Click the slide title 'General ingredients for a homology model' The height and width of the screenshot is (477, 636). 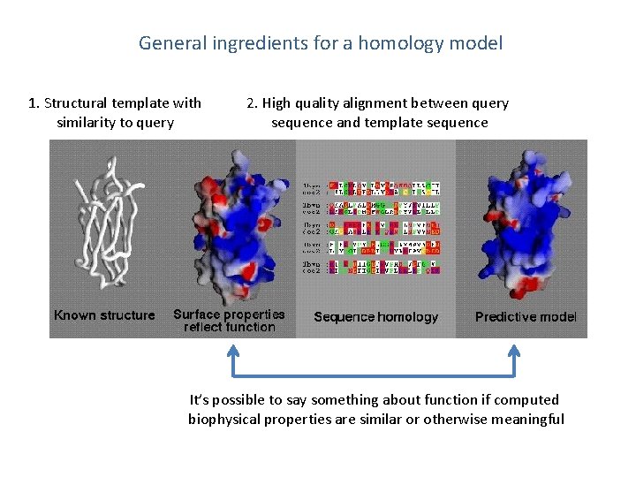(320, 42)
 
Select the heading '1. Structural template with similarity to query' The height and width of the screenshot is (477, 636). (115, 113)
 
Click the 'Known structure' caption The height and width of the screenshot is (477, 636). (104, 315)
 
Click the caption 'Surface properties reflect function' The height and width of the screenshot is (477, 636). (229, 321)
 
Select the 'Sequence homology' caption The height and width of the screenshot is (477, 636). (375, 316)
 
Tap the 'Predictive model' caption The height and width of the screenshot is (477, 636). (526, 316)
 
